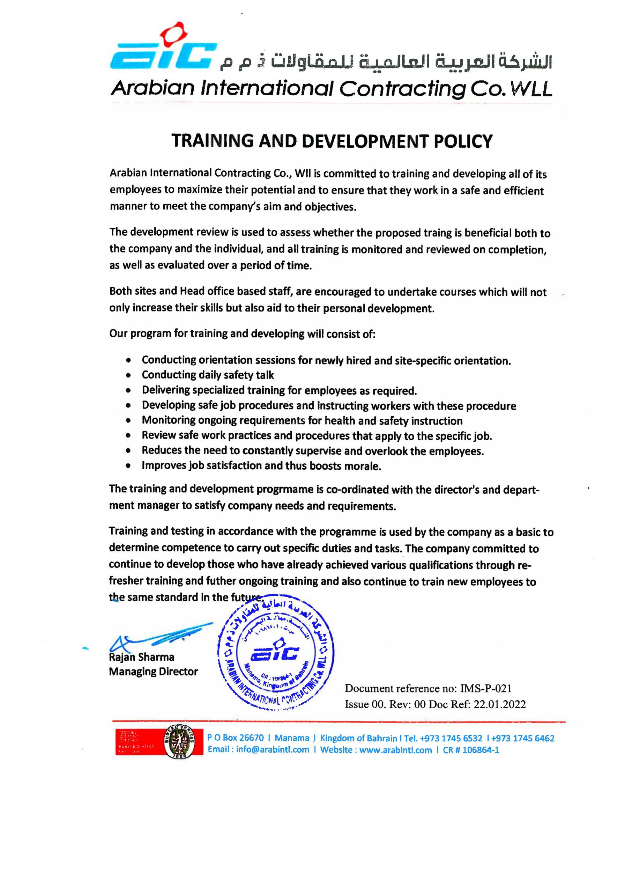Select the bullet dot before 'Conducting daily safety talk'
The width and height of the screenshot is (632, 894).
tap(128, 375)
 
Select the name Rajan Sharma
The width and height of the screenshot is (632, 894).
tap(142, 657)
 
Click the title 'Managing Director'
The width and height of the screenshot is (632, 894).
tap(153, 672)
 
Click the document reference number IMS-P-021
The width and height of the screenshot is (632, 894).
tap(486, 688)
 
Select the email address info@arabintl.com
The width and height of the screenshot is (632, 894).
tap(273, 750)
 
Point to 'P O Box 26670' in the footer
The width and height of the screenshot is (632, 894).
tap(236, 738)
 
